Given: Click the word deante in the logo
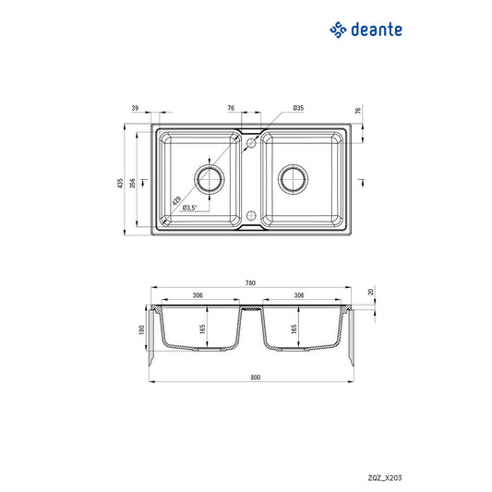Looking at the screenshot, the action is (x=377, y=30).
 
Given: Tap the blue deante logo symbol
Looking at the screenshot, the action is (x=338, y=30).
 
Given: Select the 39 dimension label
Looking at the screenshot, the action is (x=135, y=108).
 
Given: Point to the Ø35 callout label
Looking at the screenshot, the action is (x=298, y=108).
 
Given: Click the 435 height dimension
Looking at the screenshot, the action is (x=120, y=184).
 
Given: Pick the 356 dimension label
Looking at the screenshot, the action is (x=132, y=184).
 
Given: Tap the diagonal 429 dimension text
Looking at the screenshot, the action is (x=176, y=200).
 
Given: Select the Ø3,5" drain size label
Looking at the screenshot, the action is (x=189, y=208).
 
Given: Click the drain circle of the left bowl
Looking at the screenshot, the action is (x=210, y=179).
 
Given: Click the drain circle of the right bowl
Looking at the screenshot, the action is (x=293, y=179).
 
